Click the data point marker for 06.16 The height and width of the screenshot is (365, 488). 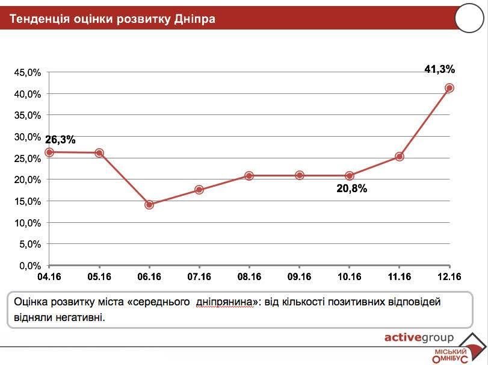pyautogui.click(x=149, y=205)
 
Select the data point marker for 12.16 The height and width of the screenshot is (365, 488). pyautogui.click(x=449, y=88)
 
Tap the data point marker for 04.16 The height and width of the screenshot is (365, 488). pyautogui.click(x=49, y=152)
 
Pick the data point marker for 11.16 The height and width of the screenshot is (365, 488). pyautogui.click(x=399, y=157)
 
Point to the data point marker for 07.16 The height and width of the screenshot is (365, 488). pyautogui.click(x=199, y=190)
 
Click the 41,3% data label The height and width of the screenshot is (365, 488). pyautogui.click(x=439, y=69)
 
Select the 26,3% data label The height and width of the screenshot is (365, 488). pyautogui.click(x=60, y=140)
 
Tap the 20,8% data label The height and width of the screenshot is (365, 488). pyautogui.click(x=352, y=188)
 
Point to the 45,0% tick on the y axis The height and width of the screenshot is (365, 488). pyautogui.click(x=28, y=72)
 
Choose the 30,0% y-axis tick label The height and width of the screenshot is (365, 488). pyautogui.click(x=28, y=137)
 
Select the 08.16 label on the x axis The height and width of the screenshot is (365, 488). pyautogui.click(x=249, y=277)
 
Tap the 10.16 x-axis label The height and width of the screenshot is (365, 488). pyautogui.click(x=349, y=277)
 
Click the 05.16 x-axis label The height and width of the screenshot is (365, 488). pyautogui.click(x=99, y=277)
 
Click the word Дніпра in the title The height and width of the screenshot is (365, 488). pyautogui.click(x=194, y=19)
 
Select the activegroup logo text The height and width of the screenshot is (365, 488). pyautogui.click(x=419, y=337)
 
